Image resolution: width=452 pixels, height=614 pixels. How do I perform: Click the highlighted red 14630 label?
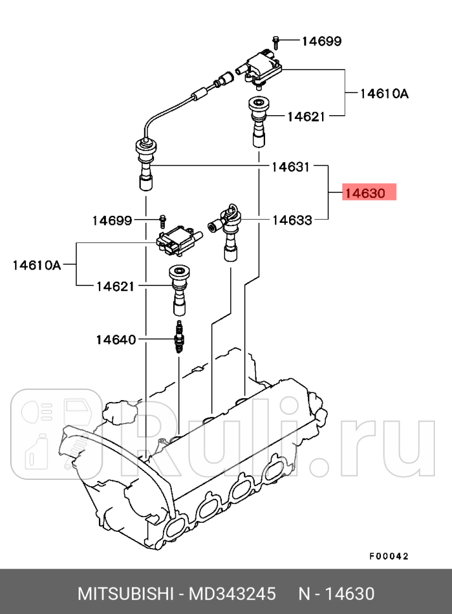(369, 192)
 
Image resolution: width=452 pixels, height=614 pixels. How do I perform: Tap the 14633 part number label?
(292, 220)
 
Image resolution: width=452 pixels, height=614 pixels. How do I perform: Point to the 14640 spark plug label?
(115, 340)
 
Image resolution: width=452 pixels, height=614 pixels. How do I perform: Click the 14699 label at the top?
(321, 41)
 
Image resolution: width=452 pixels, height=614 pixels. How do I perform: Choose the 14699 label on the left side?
(112, 220)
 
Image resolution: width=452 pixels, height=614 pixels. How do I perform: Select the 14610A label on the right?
(384, 94)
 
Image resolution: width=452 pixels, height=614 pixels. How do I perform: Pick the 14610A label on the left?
(37, 265)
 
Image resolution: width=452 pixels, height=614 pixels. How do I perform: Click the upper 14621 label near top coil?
(306, 116)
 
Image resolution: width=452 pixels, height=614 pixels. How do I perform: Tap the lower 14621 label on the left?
(115, 286)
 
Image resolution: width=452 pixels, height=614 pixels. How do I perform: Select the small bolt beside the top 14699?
(277, 41)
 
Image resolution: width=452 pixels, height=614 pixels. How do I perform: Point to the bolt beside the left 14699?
(162, 221)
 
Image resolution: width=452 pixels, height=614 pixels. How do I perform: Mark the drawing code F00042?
(389, 556)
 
